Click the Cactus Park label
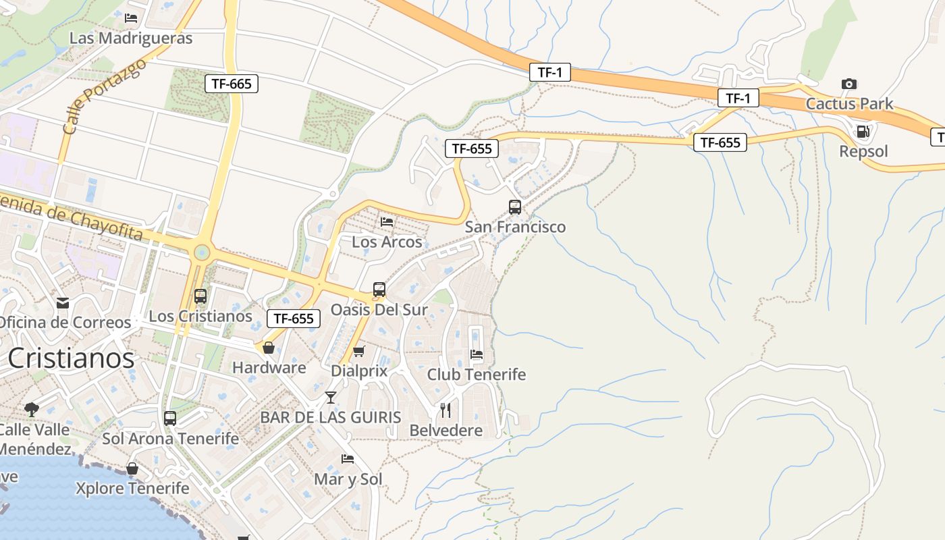(849, 104)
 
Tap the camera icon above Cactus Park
(849, 84)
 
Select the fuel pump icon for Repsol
(863, 131)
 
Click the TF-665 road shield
(232, 84)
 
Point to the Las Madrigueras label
(131, 38)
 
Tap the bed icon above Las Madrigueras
(131, 18)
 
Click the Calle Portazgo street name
(103, 96)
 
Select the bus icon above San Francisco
(515, 207)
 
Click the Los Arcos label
(387, 242)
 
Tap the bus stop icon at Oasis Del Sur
(379, 290)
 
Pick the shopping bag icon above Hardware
(269, 348)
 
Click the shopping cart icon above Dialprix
(359, 351)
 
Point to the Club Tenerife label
(476, 374)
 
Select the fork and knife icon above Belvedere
(446, 410)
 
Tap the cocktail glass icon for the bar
(331, 397)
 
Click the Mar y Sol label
(348, 479)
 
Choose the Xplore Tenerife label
(132, 488)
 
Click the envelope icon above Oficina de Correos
(63, 302)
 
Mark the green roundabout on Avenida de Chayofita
(202, 252)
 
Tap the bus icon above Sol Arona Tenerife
(170, 418)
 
